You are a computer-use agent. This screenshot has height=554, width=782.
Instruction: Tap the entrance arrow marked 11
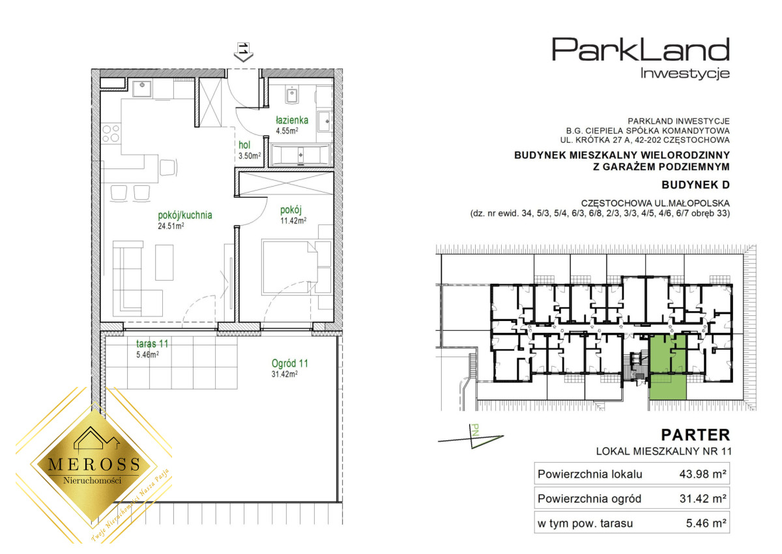243,52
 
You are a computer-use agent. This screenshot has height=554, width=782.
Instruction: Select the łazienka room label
292,120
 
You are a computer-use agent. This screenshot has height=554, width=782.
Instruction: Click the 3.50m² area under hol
250,156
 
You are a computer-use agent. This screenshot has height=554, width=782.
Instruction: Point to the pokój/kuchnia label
185,215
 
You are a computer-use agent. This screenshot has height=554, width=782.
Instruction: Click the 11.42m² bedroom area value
293,221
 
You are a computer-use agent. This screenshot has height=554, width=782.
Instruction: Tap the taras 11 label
152,344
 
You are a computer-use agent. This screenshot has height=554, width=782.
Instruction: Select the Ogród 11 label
290,363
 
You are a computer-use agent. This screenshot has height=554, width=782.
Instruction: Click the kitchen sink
142,89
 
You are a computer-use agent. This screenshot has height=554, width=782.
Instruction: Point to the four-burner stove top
111,134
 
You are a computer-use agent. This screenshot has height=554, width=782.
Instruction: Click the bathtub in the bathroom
300,154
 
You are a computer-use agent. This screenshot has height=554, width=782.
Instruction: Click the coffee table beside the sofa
164,262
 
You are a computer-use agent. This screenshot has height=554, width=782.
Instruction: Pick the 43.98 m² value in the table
702,474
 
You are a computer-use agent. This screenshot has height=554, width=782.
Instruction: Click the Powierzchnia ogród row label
589,499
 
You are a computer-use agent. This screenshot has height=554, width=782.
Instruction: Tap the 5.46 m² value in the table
706,523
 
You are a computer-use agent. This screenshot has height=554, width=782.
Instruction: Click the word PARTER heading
695,435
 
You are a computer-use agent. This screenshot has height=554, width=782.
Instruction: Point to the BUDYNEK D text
695,185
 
